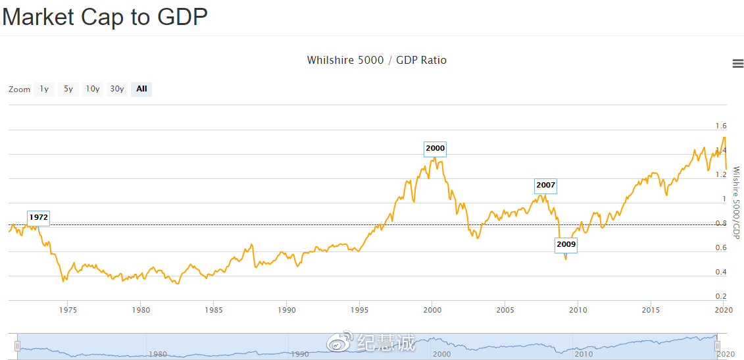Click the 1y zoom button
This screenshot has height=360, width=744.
tap(44, 89)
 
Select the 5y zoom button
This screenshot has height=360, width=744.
tap(68, 89)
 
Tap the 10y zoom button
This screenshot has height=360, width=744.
tap(92, 89)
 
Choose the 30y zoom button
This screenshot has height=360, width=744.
tap(117, 89)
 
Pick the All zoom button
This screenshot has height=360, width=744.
tap(141, 89)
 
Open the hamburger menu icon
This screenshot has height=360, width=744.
tap(737, 63)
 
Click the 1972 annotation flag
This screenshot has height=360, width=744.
tap(39, 217)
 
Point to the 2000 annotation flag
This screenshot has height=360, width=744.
tap(435, 149)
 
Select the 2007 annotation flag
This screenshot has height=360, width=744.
tap(545, 186)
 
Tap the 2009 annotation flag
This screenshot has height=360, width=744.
tap(566, 245)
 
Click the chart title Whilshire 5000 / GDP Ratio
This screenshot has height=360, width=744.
tap(376, 61)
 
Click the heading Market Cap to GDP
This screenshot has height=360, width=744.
tap(105, 17)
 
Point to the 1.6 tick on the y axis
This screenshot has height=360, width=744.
tap(721, 126)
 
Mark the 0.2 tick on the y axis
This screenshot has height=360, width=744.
tap(721, 297)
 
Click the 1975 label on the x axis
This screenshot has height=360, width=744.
tap(67, 310)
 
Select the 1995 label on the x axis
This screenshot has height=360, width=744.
tap(359, 310)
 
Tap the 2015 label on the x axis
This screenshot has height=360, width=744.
tap(651, 310)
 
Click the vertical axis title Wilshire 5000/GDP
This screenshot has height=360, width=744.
tap(736, 203)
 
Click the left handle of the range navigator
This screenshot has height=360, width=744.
tap(18, 346)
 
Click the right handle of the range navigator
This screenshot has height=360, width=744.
tap(718, 346)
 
